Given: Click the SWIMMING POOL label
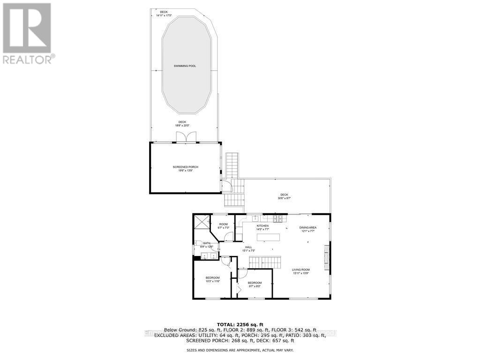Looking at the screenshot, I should tap(186, 66).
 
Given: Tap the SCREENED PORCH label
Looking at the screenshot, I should tap(186, 169).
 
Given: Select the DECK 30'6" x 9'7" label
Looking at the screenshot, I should tap(284, 196).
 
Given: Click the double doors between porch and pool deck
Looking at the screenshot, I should tap(186, 136).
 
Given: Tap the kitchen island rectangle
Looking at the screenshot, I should tap(271, 237).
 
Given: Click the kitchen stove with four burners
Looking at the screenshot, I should tap(277, 218).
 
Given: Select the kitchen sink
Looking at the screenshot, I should tap(255, 218).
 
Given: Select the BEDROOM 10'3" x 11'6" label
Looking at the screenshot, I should tap(212, 279).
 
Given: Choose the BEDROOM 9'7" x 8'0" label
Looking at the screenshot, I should tap(255, 285).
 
